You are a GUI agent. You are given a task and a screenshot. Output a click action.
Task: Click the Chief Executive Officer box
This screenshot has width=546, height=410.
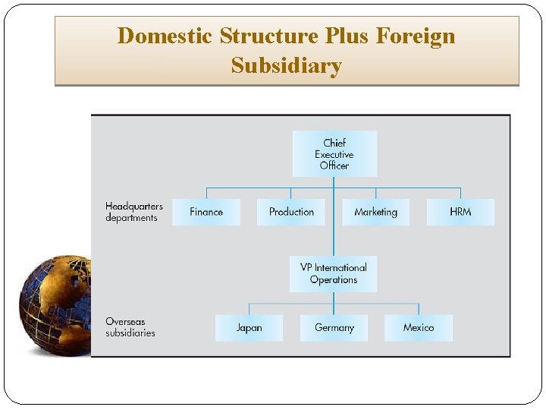[334, 153]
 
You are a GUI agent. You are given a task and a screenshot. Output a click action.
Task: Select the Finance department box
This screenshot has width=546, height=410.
[206, 212]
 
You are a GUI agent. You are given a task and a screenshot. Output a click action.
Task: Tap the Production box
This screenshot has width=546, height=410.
[291, 212]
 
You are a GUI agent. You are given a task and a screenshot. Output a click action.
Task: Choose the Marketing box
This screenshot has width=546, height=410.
[375, 212]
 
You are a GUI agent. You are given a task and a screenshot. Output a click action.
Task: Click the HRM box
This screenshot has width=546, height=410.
[460, 212]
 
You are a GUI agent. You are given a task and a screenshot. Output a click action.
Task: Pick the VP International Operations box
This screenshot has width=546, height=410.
[334, 273]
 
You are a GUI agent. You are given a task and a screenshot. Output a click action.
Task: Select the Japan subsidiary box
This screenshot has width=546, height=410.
[249, 328]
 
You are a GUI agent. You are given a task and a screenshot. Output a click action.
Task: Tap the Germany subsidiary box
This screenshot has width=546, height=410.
[334, 328]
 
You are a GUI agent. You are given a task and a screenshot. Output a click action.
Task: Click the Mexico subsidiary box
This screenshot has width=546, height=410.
[419, 328]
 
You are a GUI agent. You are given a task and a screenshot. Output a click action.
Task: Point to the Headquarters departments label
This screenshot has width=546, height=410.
[133, 212]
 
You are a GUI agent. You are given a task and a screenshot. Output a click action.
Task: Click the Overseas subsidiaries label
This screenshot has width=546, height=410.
[130, 327]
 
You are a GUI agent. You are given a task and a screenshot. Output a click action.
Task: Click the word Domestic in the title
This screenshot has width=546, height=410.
[165, 36]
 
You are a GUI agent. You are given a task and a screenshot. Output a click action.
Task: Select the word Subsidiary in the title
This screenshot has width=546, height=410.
[287, 66]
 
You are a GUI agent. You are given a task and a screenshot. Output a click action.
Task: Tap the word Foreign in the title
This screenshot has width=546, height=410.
[417, 36]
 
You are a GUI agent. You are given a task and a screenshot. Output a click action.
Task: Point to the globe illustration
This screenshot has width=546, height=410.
[55, 306]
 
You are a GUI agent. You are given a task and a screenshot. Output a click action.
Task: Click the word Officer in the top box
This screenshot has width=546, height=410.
[334, 166]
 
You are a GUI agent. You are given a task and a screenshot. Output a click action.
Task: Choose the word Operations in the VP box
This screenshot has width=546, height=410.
[334, 279]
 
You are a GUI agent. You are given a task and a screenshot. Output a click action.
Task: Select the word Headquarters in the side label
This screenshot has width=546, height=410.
[134, 207]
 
